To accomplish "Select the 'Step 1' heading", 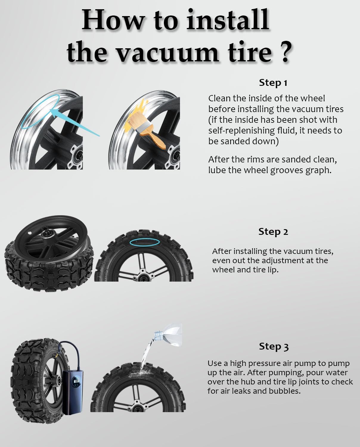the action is click(x=273, y=83).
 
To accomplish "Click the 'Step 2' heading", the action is click(x=273, y=232).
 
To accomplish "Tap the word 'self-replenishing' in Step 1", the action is click(x=238, y=131).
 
